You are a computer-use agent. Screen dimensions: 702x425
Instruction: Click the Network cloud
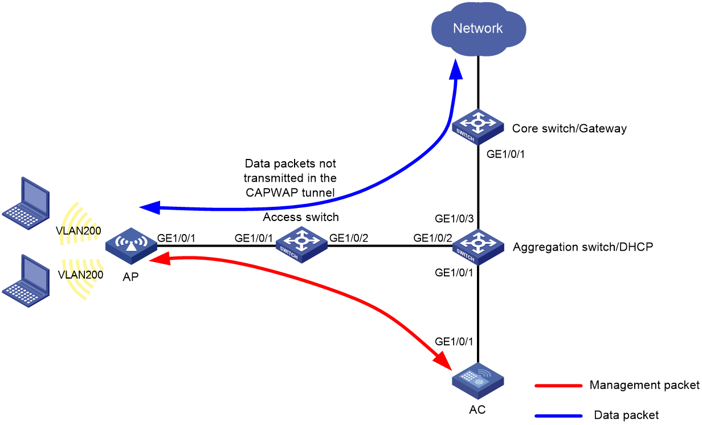pos(478,29)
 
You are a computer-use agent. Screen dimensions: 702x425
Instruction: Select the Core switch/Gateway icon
pos(477,126)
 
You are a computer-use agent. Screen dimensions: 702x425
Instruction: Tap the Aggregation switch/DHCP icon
pos(478,247)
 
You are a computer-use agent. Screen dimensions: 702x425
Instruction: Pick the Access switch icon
pos(301,245)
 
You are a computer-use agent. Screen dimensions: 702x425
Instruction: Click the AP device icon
pos(131,246)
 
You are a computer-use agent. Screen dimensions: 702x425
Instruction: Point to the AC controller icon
pos(478,381)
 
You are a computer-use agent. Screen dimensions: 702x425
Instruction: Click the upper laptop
pos(26,203)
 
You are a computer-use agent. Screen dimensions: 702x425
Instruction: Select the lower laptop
pos(26,281)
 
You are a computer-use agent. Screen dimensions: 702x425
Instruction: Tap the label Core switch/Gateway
pos(569,129)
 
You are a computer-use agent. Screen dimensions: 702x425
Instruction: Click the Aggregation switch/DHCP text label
pos(582,247)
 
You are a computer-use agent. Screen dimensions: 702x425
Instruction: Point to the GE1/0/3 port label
pos(454,218)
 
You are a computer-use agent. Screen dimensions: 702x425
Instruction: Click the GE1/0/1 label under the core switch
pos(505,154)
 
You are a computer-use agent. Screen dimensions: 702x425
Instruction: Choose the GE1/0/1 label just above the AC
pos(454,341)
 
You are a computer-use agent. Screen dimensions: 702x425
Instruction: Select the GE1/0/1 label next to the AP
pos(176,238)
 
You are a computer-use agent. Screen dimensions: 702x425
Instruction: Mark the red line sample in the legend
pos(558,386)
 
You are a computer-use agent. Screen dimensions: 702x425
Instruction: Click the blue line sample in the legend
pos(558,416)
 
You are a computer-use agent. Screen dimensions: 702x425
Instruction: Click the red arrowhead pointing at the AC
pos(443,361)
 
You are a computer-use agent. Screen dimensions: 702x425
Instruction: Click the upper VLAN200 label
pos(79,231)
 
